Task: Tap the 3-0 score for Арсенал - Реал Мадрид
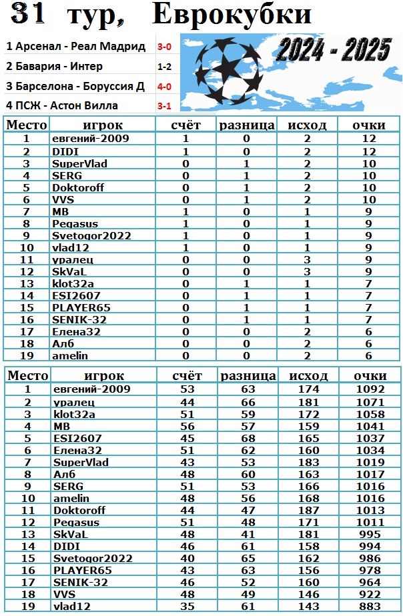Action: tap(164, 47)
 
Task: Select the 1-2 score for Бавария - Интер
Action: tap(164, 67)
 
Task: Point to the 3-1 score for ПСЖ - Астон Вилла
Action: tap(164, 105)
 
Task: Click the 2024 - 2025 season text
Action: tap(334, 49)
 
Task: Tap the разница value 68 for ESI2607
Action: tap(248, 438)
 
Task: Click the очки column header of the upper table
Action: tap(370, 125)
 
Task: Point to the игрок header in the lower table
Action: tap(103, 375)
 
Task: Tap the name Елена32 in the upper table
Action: tap(76, 331)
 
